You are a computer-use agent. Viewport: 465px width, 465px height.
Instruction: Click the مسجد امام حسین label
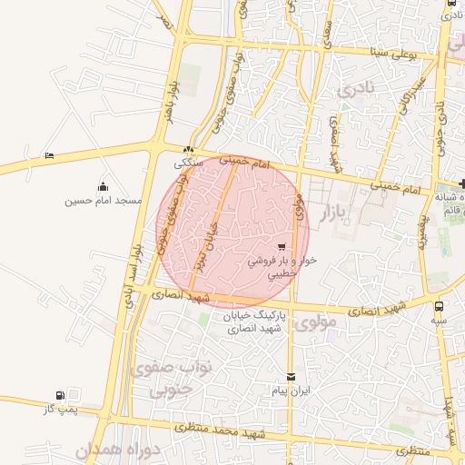pos(103,200)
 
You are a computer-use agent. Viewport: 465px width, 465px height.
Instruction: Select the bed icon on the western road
pos(49,156)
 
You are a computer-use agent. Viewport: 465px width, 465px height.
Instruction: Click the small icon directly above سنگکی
pos(188,151)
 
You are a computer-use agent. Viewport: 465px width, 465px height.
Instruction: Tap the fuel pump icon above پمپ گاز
pos(60,395)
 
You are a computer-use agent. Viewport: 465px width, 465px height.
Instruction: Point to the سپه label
pos(440,320)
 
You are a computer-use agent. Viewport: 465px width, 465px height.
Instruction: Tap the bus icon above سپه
pos(440,306)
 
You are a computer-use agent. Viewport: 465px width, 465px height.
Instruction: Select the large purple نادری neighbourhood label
pos(355,90)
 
